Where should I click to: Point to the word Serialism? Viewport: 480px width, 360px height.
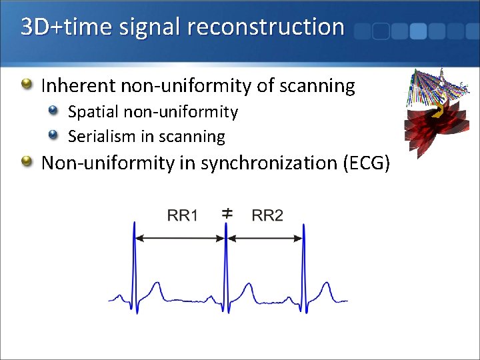pos(102,137)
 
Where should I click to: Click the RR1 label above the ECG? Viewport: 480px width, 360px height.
pos(182,215)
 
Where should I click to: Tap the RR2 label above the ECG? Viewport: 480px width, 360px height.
pos(267,215)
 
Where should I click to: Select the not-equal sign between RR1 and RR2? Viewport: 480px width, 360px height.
pos(227,213)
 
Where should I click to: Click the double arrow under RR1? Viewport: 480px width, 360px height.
pos(181,237)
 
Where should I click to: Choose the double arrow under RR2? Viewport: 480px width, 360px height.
pos(265,237)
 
